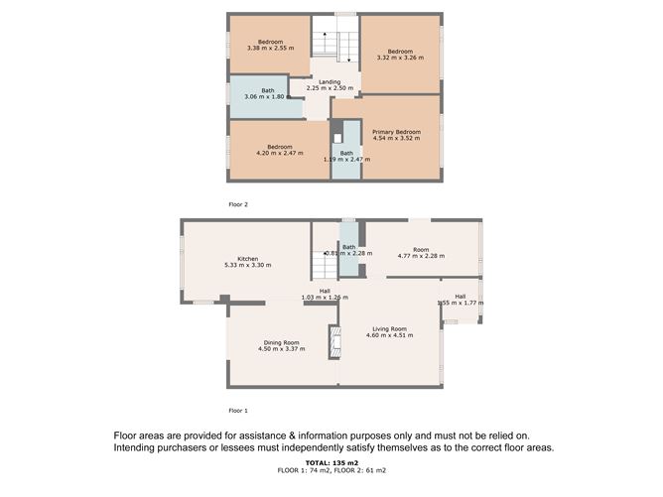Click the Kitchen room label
[x=248, y=259]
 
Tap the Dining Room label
[x=281, y=343]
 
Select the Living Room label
[x=389, y=328]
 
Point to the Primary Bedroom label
[x=396, y=132]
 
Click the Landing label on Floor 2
[x=330, y=82]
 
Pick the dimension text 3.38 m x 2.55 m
[x=271, y=49]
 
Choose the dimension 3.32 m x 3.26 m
[x=400, y=58]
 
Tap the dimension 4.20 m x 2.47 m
[x=280, y=153]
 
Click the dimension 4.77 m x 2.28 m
[x=421, y=256]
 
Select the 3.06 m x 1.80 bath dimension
[x=264, y=97]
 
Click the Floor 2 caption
[x=238, y=204]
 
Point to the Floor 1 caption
[x=238, y=411]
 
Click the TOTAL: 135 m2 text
[x=331, y=462]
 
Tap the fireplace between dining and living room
[x=334, y=342]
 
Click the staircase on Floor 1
[x=325, y=265]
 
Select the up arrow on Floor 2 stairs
[x=325, y=41]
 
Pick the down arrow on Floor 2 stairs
[x=348, y=53]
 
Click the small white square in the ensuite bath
[x=337, y=138]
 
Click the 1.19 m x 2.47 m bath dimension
[x=346, y=160]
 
